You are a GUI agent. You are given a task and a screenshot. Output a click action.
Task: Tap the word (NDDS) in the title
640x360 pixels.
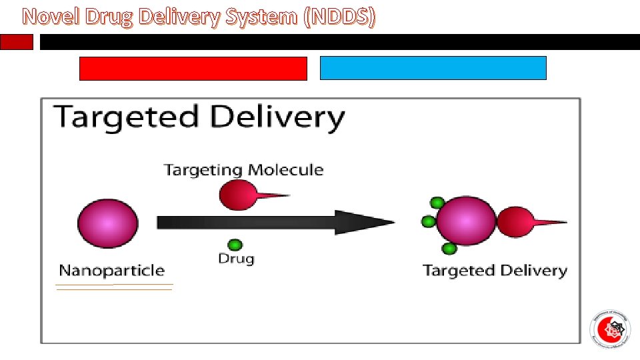click(339, 17)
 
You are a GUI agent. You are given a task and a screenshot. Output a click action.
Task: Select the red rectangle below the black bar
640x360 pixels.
click(193, 68)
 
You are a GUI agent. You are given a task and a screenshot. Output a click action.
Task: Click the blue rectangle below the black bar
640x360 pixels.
click(433, 68)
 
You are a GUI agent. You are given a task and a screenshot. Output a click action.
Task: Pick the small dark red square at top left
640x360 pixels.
click(16, 42)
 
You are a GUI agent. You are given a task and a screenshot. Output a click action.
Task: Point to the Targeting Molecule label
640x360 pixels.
click(243, 169)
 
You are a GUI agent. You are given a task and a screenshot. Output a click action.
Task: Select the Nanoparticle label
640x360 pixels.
click(111, 270)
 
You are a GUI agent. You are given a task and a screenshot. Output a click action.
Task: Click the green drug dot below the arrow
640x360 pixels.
click(235, 245)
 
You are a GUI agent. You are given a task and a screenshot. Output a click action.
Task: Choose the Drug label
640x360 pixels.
click(236, 259)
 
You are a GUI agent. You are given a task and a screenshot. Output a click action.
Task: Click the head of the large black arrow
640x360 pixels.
click(363, 222)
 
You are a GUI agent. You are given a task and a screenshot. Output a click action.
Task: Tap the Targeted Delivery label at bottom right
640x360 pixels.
click(495, 271)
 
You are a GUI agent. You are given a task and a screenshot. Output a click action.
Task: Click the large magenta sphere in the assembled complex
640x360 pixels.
click(466, 221)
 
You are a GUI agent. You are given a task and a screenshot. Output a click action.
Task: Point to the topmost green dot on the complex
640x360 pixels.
click(437, 203)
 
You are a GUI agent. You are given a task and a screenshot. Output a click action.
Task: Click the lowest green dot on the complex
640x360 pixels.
click(449, 249)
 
